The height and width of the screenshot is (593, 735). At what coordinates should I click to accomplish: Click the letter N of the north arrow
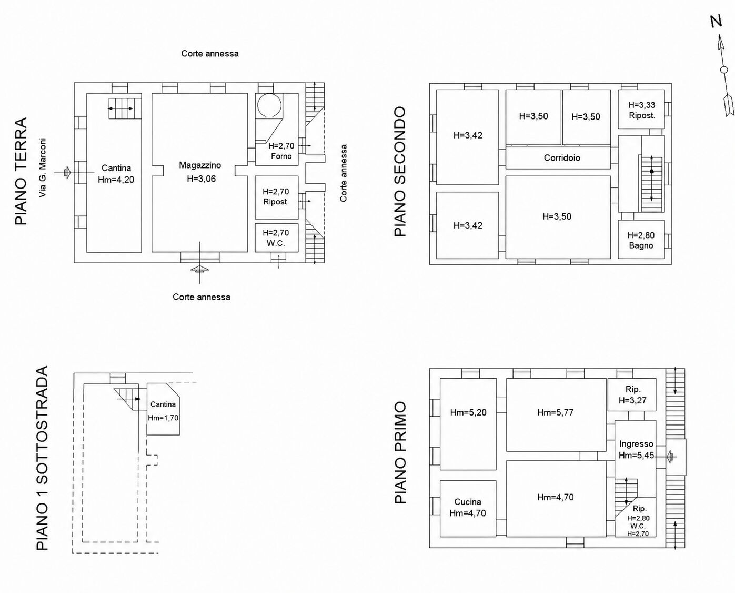[716, 21]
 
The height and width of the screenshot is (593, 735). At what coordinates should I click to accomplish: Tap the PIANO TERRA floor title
[21, 171]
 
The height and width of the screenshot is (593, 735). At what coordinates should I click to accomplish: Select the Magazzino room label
[200, 165]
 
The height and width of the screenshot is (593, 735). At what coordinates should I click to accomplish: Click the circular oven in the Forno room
[269, 105]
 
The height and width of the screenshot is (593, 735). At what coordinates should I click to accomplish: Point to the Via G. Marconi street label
[42, 167]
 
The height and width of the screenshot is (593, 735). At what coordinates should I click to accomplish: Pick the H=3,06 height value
[201, 179]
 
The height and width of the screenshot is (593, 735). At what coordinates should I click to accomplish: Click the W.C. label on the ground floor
[276, 243]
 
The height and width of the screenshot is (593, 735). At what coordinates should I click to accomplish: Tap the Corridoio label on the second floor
[562, 157]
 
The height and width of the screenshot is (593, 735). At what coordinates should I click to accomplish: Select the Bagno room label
[641, 245]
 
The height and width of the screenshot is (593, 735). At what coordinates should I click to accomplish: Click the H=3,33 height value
[642, 105]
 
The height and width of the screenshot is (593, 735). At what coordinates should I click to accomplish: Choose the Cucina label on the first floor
[468, 502]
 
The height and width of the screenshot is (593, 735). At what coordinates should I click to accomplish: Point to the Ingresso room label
[636, 444]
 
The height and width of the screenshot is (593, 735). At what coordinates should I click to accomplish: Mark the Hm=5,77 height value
[556, 412]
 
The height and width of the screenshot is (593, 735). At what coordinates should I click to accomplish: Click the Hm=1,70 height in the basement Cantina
[163, 418]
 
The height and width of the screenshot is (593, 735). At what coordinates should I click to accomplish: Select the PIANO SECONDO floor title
[400, 171]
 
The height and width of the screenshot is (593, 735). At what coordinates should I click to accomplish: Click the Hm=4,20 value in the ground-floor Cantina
[116, 180]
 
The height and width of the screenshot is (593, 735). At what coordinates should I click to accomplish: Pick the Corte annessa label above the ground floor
[210, 54]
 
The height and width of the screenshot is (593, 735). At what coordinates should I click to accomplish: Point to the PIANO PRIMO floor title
[400, 452]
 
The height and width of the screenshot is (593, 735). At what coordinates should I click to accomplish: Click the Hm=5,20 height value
[468, 412]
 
